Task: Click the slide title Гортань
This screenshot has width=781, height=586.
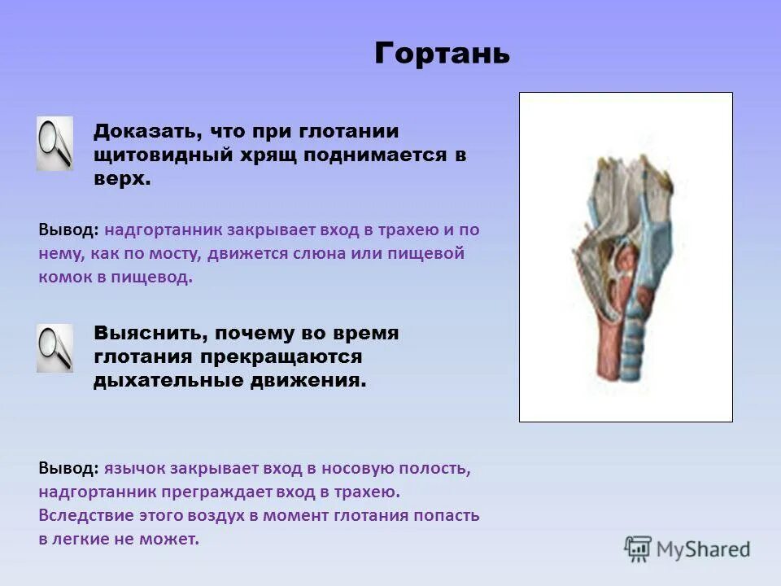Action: pos(442,54)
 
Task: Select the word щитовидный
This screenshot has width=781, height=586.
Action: pos(164,155)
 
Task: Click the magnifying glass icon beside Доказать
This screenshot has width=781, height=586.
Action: pos(55,143)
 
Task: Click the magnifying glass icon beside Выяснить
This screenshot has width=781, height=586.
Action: pos(55,348)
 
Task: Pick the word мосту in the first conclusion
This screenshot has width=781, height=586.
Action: pos(176,254)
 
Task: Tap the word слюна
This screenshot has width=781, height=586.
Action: pos(317,253)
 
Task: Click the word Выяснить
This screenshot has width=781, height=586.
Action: pos(151,334)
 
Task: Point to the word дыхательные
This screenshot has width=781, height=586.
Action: pos(168,381)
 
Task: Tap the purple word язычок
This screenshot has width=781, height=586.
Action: pos(134,469)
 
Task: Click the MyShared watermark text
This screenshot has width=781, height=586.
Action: pos(703,549)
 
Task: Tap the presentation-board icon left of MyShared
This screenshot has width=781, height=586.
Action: pos(638,549)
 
